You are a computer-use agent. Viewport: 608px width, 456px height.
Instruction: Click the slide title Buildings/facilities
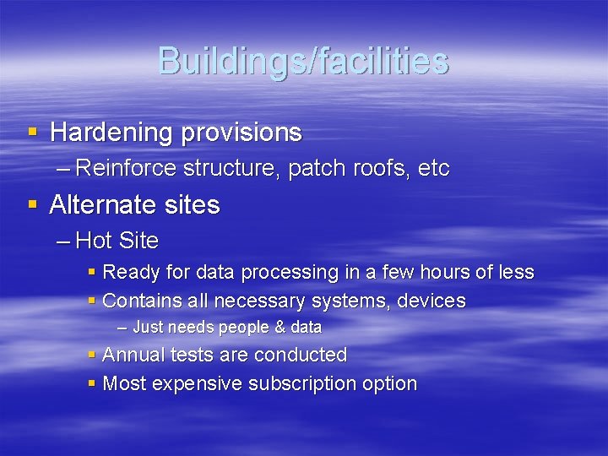point(303,61)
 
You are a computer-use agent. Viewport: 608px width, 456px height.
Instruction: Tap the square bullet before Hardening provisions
point(32,133)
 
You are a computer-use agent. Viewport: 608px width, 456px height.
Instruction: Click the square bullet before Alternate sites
point(32,205)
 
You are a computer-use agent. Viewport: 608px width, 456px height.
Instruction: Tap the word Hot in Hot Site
point(95,242)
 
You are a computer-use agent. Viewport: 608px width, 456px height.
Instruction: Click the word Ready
point(129,273)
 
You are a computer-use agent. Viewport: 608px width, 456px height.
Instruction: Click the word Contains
point(138,301)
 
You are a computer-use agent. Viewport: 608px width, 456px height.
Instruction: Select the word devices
point(435,301)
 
